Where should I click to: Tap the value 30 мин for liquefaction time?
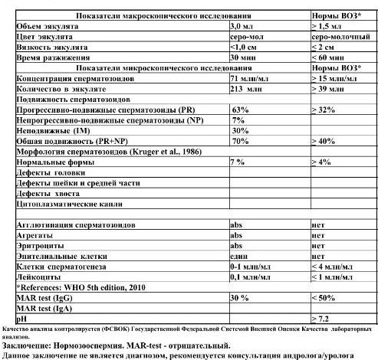[244, 57]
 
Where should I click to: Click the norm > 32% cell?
[325, 110]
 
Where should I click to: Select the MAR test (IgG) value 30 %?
[240, 296]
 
